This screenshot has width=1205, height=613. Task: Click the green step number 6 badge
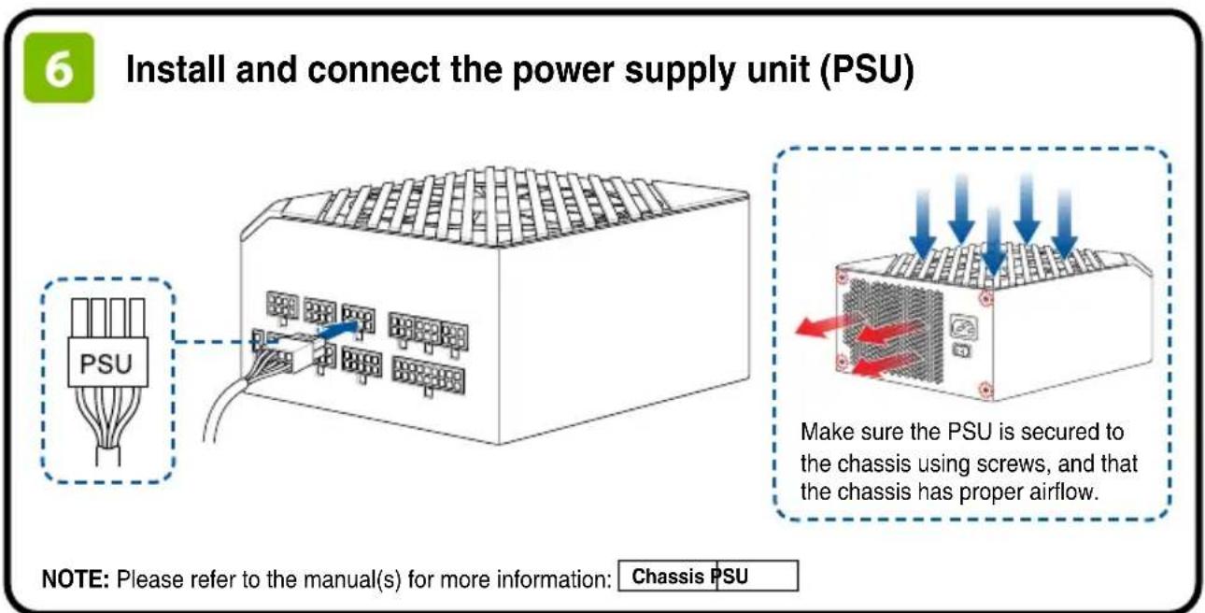coord(59,68)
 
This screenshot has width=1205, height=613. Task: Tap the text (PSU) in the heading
coord(867,71)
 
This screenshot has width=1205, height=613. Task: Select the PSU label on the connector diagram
coord(106,364)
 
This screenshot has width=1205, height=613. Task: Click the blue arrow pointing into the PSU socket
coord(338,329)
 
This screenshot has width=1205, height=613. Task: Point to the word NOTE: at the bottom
coord(76,579)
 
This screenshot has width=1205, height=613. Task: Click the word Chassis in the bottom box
coord(668,577)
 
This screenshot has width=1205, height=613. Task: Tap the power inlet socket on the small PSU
coord(965,327)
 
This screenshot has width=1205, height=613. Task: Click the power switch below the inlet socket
coord(962,350)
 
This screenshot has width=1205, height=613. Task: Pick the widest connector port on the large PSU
coord(428,375)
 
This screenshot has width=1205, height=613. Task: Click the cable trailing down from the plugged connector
coord(226,409)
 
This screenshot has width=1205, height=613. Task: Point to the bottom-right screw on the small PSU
coord(985,389)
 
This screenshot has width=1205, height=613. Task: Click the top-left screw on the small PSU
coord(842,278)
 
